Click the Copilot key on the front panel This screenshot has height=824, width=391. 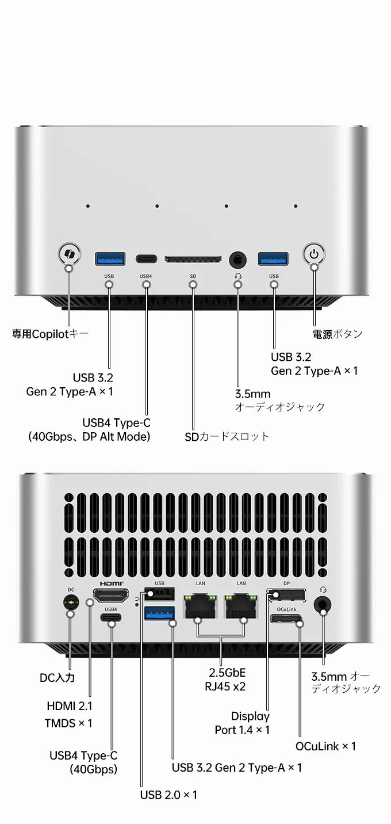tap(70, 254)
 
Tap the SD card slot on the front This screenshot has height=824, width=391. tap(193, 260)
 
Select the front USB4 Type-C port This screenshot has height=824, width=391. tap(146, 259)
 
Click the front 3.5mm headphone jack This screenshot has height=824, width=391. tap(237, 260)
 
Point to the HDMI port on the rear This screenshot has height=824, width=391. tap(110, 595)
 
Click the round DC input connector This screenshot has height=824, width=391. tap(71, 602)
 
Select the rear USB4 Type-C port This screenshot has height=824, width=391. tap(110, 617)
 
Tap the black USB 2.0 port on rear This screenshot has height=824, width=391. tap(159, 593)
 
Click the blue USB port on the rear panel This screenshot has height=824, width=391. tap(159, 613)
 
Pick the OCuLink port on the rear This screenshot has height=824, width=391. tap(286, 619)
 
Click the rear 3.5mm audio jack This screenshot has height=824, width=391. tap(323, 604)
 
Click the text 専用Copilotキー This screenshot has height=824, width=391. tap(51, 334)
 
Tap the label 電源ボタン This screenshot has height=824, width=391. tap(338, 334)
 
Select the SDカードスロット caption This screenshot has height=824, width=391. tap(227, 437)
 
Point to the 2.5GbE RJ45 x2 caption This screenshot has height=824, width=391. tap(226, 680)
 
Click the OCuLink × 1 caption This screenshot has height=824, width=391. tap(325, 746)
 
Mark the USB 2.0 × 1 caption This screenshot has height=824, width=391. tap(168, 795)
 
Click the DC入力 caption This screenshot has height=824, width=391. tap(57, 678)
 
